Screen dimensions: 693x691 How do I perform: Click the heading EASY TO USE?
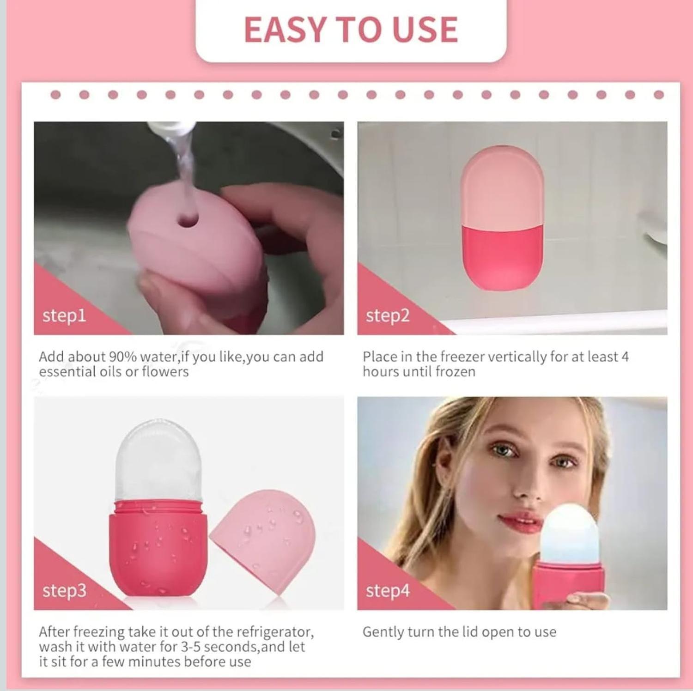pyautogui.click(x=351, y=30)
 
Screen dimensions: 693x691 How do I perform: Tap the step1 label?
pyautogui.click(x=64, y=315)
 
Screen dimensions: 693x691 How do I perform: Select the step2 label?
pyautogui.click(x=388, y=315)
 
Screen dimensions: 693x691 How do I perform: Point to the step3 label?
pyautogui.click(x=64, y=590)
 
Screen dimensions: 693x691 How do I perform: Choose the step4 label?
pyautogui.click(x=388, y=590)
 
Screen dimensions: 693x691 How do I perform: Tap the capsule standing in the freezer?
pyautogui.click(x=502, y=218)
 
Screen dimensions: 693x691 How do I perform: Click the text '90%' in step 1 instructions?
pyautogui.click(x=122, y=357)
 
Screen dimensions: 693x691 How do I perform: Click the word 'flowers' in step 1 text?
pyautogui.click(x=165, y=371)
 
